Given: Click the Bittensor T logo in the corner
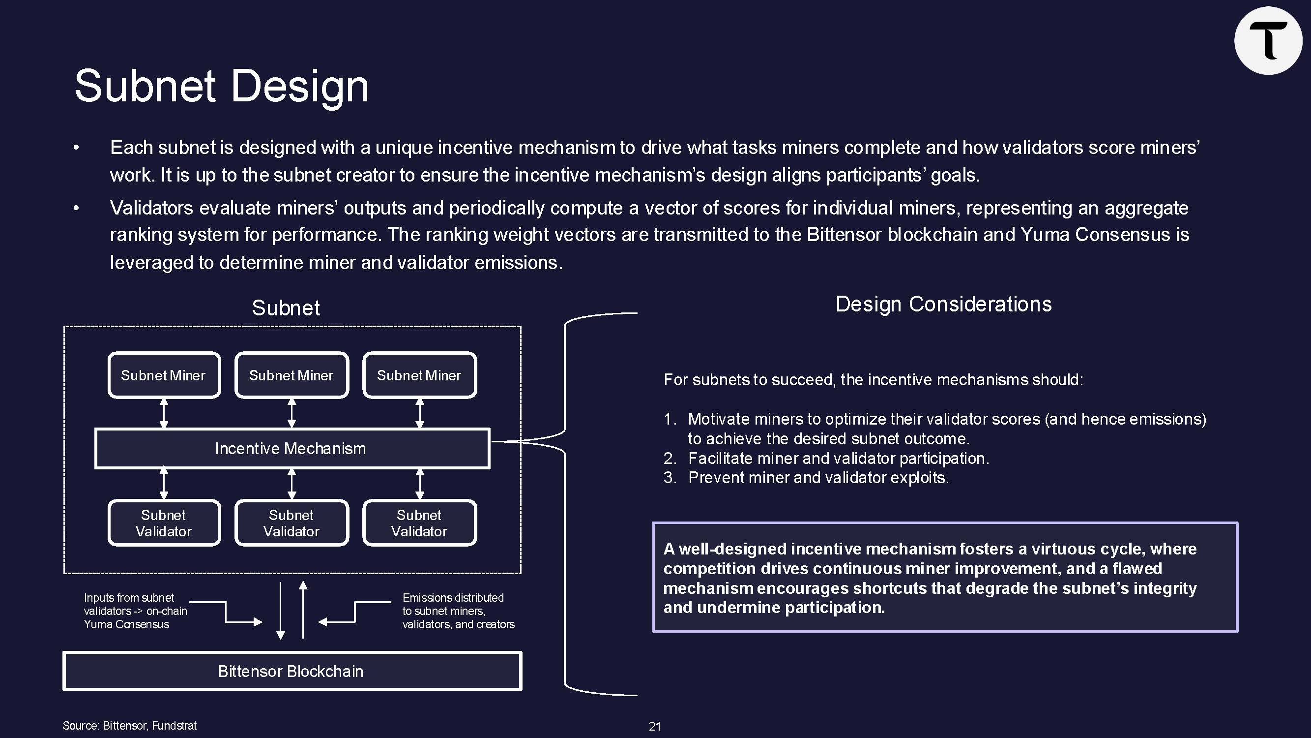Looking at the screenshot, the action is point(1268,41).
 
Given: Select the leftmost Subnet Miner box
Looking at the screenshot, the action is point(164,375).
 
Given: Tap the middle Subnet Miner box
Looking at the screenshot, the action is point(291,375).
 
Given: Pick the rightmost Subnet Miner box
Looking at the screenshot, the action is point(419,375).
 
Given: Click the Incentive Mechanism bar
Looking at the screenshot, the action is point(291,448).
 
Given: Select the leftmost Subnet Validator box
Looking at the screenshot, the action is point(164,523).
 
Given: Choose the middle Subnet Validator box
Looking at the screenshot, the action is point(291,523).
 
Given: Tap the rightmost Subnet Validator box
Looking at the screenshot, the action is point(419,523).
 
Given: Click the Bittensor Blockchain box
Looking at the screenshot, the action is point(291,671).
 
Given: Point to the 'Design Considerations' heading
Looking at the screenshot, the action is point(943,304).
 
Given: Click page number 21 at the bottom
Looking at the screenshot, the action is point(654,726).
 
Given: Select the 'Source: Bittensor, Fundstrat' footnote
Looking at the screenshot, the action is point(129,726).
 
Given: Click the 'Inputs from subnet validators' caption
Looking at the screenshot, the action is point(135,611).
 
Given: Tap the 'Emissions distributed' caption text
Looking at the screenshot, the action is point(458,611).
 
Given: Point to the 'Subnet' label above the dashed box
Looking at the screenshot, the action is point(286,308).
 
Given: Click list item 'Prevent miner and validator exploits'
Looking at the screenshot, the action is point(818,478).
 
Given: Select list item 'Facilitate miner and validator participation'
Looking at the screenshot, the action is point(838,459).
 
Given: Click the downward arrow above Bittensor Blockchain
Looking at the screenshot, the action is point(280,611).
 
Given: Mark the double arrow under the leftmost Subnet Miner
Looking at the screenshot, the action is point(164,413).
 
